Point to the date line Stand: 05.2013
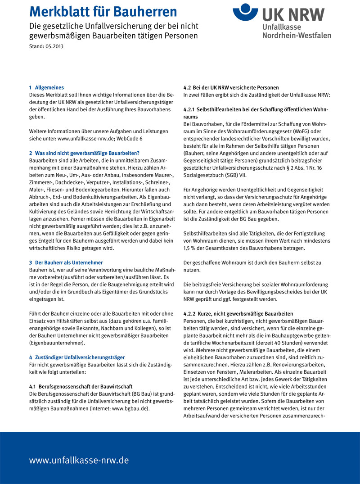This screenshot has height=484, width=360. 46,46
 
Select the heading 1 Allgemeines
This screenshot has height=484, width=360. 46,87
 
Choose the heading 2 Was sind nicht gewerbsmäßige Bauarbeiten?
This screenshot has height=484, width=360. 84,153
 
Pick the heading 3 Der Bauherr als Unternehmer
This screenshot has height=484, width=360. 66,262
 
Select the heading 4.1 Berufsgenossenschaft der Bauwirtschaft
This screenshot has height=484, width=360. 81,386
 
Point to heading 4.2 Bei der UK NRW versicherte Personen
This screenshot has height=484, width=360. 231,87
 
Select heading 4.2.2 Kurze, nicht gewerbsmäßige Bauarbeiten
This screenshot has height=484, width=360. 238,313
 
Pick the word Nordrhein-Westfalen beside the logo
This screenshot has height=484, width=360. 296,35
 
